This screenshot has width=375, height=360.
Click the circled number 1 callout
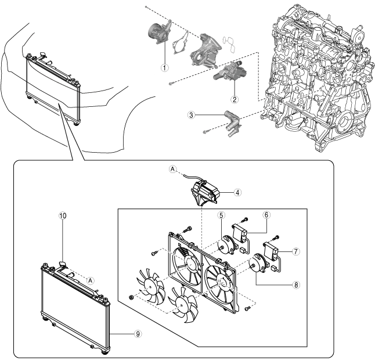165,67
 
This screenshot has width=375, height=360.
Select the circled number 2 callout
235,99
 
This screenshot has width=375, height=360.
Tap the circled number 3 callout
191,116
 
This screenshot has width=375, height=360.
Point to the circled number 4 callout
238,191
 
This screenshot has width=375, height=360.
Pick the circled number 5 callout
221,215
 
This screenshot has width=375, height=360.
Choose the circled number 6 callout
266,214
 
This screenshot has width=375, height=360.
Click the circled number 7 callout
295,251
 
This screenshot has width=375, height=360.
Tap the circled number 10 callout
63,215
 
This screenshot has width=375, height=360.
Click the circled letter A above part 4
172,169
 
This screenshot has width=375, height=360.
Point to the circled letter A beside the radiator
90,279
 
